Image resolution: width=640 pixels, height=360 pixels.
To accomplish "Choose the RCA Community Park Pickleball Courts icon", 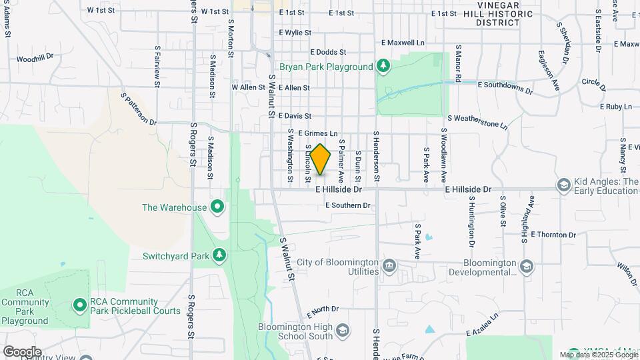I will [80, 305].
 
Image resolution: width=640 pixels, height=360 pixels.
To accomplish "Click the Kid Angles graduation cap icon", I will [564, 185].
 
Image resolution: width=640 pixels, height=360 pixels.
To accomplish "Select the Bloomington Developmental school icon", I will [527, 267].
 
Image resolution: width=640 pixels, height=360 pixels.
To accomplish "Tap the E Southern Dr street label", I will [347, 205].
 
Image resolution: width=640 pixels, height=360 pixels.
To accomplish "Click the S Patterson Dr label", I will [138, 109].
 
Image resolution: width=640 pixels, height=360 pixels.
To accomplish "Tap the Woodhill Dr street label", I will [35, 59].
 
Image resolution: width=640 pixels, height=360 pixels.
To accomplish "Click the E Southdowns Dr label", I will [506, 87].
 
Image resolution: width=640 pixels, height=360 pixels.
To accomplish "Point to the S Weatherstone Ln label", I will [477, 121].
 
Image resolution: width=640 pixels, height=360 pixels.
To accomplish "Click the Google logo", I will [22, 351].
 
